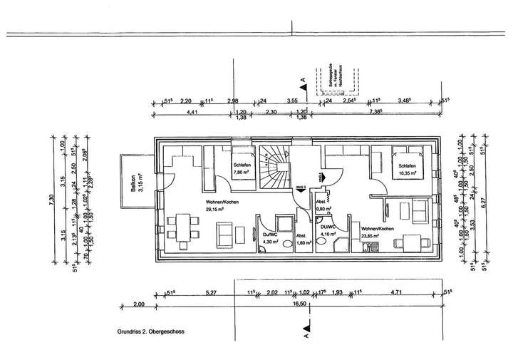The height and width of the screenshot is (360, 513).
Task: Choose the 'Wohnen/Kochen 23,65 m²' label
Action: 376,232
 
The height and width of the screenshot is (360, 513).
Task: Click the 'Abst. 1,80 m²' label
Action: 303,240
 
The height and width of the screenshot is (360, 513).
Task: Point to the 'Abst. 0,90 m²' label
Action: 324,206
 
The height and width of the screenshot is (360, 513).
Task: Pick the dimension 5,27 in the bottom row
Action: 211,291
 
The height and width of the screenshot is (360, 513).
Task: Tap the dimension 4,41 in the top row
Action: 192,113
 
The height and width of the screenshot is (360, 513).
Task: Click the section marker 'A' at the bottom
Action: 305,333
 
